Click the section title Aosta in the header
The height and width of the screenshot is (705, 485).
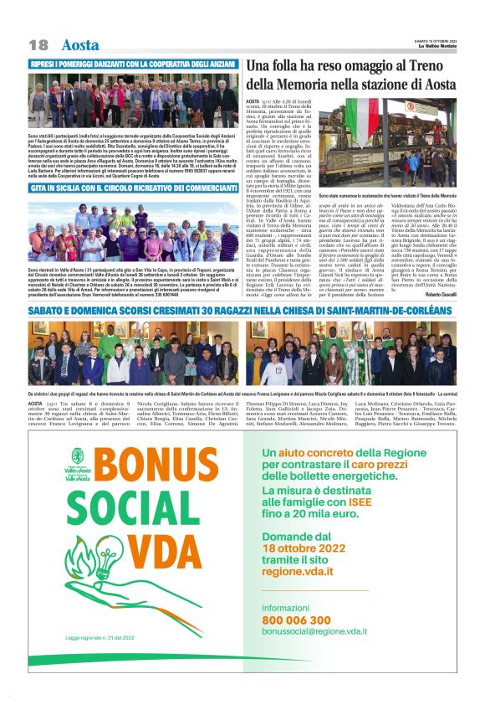[x=80, y=44]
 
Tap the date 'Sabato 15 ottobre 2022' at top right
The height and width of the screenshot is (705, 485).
[x=430, y=41]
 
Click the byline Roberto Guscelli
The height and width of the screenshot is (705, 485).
[x=440, y=296]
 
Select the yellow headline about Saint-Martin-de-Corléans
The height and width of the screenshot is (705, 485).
[x=242, y=310]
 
